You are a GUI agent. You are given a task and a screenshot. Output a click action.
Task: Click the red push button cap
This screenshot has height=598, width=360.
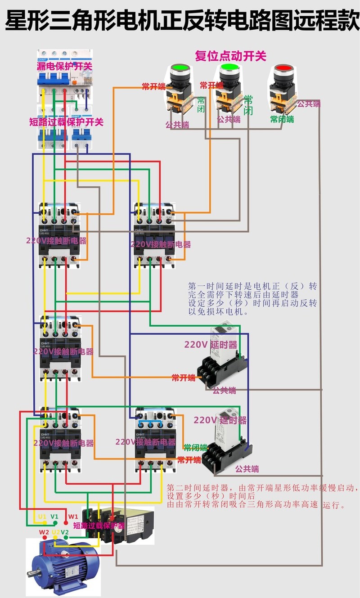click(x=283, y=69)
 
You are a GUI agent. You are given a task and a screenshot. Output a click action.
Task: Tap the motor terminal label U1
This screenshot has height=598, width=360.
click(x=42, y=517)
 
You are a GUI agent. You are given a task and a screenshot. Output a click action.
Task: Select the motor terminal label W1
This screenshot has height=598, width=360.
click(x=73, y=517)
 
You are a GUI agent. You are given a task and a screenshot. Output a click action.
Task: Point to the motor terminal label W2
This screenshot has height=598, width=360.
click(x=44, y=532)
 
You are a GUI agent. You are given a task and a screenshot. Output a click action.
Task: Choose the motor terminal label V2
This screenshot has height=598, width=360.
click(x=65, y=532)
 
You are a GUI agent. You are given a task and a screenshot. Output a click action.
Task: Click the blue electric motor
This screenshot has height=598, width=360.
click(x=63, y=565)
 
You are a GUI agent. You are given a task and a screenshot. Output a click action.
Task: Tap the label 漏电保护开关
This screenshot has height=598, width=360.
click(x=64, y=66)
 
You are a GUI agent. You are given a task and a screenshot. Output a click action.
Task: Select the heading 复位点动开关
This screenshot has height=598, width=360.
click(x=230, y=56)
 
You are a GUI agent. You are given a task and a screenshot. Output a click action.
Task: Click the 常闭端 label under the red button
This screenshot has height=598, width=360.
click(x=282, y=119)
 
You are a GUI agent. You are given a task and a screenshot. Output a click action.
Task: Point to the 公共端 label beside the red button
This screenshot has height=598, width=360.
click(x=309, y=104)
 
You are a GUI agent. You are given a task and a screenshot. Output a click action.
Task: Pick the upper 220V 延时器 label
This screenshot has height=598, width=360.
click(x=211, y=345)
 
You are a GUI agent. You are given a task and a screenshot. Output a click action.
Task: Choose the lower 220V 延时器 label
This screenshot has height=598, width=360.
click(x=220, y=420)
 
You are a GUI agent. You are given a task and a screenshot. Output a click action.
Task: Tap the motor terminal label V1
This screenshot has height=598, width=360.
click(x=54, y=517)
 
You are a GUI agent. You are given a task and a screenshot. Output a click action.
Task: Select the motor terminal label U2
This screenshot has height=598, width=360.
click(x=55, y=532)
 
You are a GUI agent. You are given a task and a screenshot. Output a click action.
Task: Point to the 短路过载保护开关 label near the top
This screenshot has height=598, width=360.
click(x=66, y=121)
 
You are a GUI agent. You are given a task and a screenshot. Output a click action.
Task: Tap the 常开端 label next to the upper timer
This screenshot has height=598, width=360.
click(x=184, y=378)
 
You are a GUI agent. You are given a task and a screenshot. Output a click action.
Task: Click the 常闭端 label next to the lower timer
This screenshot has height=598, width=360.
click(x=195, y=448)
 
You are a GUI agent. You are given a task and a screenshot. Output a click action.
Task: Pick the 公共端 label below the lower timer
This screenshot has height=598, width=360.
click(x=247, y=469)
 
